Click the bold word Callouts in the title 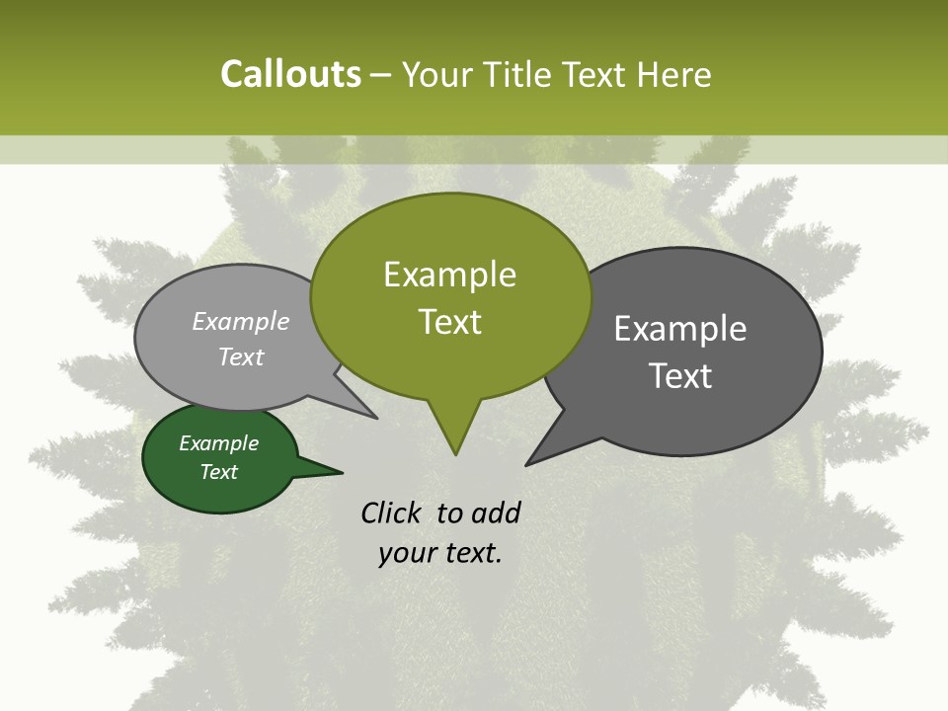pyautogui.click(x=290, y=74)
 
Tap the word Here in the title pyautogui.click(x=674, y=74)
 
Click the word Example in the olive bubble pyautogui.click(x=449, y=275)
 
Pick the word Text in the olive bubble pyautogui.click(x=449, y=322)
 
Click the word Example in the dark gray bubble pyautogui.click(x=680, y=329)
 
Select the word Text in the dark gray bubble pyautogui.click(x=680, y=376)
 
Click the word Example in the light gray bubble pyautogui.click(x=240, y=321)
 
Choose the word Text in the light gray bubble pyautogui.click(x=240, y=356)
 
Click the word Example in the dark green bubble pyautogui.click(x=218, y=443)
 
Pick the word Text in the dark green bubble pyautogui.click(x=218, y=472)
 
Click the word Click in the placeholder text pyautogui.click(x=392, y=513)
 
